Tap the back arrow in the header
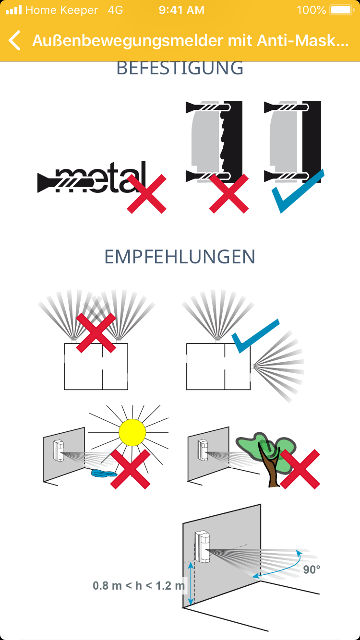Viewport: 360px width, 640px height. click(x=14, y=40)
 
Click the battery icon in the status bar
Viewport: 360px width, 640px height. click(x=342, y=10)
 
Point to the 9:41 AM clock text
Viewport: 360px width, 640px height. click(x=181, y=10)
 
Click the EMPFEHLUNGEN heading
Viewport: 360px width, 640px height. click(x=180, y=257)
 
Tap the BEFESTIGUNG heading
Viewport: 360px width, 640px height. click(x=180, y=69)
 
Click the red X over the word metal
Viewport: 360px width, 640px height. click(x=146, y=194)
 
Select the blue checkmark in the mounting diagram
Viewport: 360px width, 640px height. click(x=298, y=191)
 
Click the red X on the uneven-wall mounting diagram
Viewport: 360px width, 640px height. click(x=229, y=194)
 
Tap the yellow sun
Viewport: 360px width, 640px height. click(x=132, y=432)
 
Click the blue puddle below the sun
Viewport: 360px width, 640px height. click(x=104, y=474)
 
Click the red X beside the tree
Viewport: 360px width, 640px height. click(x=300, y=469)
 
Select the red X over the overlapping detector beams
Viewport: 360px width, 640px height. click(x=96, y=333)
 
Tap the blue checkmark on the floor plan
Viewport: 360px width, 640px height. click(x=254, y=336)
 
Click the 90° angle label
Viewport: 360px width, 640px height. click(x=312, y=569)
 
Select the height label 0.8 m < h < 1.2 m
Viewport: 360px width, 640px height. click(x=139, y=585)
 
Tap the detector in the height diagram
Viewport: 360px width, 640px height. click(x=203, y=546)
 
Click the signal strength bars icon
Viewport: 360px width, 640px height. click(x=14, y=10)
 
